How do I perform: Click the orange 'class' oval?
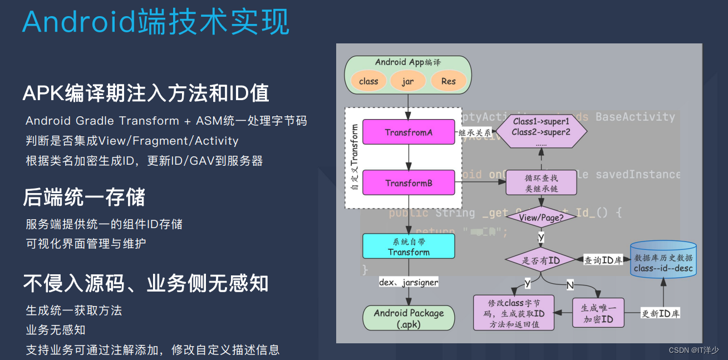click(x=368, y=81)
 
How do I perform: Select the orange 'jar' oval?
click(x=408, y=81)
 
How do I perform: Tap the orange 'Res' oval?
click(x=448, y=81)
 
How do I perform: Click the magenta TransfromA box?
click(x=409, y=132)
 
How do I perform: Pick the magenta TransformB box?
click(x=409, y=183)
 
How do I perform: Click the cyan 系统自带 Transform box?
click(x=409, y=246)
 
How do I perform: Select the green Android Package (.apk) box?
click(x=409, y=318)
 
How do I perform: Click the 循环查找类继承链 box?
click(x=541, y=184)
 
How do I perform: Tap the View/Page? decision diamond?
click(x=541, y=218)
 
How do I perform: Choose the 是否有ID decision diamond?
click(x=540, y=260)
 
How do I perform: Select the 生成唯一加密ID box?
click(x=598, y=313)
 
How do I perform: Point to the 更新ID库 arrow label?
click(x=660, y=314)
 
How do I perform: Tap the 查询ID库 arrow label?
click(x=603, y=260)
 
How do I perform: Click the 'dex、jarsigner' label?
click(x=409, y=282)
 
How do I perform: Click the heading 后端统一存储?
click(x=84, y=198)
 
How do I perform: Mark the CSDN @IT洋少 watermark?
click(x=693, y=350)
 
